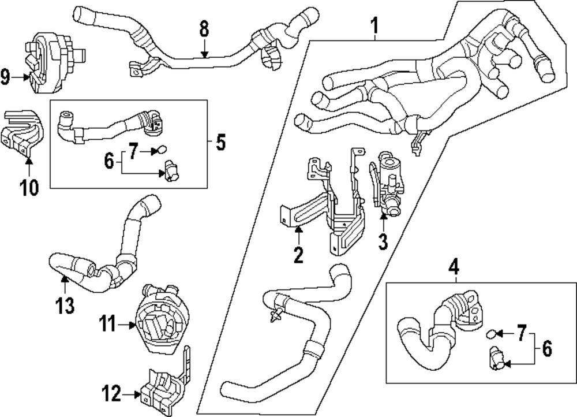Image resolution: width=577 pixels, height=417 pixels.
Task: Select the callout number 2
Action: pos(298,254)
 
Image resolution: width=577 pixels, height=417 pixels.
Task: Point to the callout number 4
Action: pos(454,267)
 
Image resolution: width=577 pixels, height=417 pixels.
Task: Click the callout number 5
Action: pos(220,142)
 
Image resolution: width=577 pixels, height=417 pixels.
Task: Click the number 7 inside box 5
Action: pos(133,152)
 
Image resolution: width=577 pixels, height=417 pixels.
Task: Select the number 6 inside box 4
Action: pos(546,349)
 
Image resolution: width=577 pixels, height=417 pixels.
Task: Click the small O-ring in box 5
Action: pos(163,151)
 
